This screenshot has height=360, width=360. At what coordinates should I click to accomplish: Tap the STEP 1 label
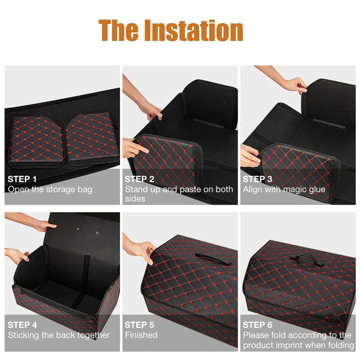(x=22, y=179)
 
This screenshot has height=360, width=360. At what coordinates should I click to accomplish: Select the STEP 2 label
(x=139, y=179)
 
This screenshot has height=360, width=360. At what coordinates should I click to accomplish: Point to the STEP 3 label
(x=257, y=179)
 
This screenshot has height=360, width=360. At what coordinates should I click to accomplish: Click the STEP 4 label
(x=22, y=324)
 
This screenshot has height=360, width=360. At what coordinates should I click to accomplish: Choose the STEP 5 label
(x=139, y=324)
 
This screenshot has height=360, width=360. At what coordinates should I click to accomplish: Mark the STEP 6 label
(x=257, y=324)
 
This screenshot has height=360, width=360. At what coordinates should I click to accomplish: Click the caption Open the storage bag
(x=50, y=189)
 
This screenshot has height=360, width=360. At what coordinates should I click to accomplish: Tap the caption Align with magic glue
(x=284, y=189)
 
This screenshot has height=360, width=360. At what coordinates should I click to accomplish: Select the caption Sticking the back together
(x=58, y=335)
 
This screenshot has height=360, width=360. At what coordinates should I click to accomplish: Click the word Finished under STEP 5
(x=141, y=335)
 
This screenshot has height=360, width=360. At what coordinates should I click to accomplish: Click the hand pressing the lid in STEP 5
(x=143, y=250)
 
